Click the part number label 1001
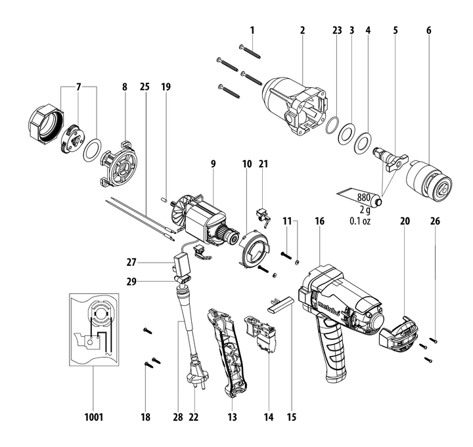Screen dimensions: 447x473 tap(93, 416)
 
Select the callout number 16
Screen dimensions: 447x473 tap(319, 221)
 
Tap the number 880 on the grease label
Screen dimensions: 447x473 tap(363, 196)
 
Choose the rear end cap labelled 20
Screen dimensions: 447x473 tap(399, 331)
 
